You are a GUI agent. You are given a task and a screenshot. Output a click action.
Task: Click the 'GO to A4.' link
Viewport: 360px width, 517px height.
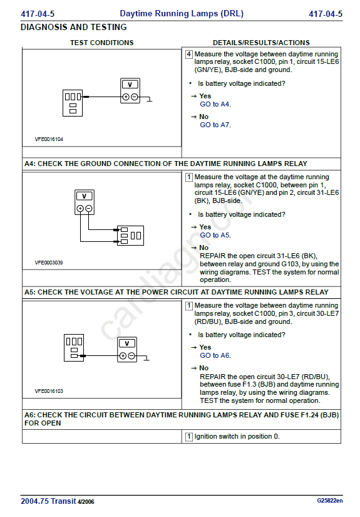click(x=215, y=104)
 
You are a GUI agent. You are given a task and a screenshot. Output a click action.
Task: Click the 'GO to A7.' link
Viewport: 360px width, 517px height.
click(x=215, y=125)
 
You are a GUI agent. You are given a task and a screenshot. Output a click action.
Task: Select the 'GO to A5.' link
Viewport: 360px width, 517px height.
click(x=215, y=235)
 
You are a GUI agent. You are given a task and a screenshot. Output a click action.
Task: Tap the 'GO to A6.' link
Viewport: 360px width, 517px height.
click(x=215, y=355)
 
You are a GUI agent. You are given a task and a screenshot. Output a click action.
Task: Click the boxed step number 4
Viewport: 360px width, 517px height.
click(x=188, y=54)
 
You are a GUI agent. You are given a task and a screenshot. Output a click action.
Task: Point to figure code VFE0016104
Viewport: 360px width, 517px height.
click(x=49, y=139)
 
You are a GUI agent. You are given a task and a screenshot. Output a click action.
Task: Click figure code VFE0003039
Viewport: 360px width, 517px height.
click(x=49, y=263)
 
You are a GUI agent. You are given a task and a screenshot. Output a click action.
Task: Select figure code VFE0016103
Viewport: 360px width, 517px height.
click(x=49, y=391)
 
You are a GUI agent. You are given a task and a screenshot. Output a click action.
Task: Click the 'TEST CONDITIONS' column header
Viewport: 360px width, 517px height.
click(x=102, y=43)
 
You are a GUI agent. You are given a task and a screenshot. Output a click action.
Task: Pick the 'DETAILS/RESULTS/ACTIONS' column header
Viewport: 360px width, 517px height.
click(x=261, y=43)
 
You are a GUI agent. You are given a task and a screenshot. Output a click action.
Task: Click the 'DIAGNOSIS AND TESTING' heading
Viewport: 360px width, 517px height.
click(x=73, y=27)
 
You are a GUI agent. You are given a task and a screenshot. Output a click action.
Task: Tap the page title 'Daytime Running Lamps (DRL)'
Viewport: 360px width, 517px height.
click(x=182, y=14)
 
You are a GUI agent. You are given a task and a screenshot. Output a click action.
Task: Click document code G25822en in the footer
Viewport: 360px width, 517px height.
click(x=330, y=501)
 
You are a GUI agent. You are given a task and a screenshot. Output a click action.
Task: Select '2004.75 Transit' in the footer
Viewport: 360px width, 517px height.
click(x=48, y=501)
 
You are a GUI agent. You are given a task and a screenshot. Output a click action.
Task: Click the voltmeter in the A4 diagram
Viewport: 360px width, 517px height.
click(x=85, y=202)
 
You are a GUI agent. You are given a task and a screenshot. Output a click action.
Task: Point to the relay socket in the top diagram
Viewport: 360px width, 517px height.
click(x=73, y=103)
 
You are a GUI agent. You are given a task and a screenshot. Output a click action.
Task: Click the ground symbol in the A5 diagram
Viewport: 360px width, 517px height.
click(x=147, y=358)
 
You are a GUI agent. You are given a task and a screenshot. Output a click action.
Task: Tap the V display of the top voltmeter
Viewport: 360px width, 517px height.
click(x=130, y=85)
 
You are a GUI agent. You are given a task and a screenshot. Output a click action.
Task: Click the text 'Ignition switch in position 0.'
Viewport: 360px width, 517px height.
click(x=237, y=437)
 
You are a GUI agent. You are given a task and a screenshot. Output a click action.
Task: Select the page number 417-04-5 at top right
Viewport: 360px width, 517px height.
click(x=326, y=14)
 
